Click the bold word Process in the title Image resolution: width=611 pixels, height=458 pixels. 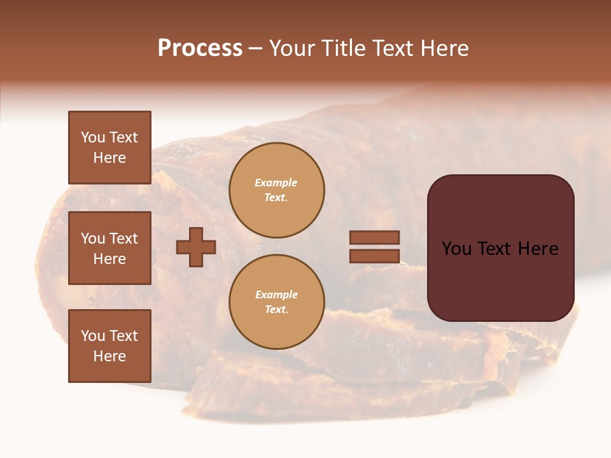(x=200, y=48)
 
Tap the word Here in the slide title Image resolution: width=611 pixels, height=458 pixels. (x=444, y=48)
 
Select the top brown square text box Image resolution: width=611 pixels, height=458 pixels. (x=109, y=148)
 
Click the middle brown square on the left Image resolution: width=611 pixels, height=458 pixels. (x=109, y=248)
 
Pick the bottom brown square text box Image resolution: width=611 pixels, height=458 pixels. (x=109, y=345)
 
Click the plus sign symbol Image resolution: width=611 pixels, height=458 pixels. (x=196, y=247)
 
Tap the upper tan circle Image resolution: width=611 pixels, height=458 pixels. (x=276, y=190)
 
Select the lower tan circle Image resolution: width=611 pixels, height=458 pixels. (x=276, y=302)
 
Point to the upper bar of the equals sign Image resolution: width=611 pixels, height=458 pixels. (x=375, y=237)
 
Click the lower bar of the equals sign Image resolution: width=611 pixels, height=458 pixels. (x=375, y=256)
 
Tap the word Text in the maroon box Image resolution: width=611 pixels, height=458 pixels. (x=500, y=249)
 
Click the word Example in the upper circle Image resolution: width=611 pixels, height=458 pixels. (x=276, y=183)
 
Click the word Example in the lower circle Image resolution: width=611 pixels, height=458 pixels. (x=276, y=295)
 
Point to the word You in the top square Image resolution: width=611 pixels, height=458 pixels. (x=93, y=137)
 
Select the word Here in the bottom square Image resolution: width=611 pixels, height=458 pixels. (x=109, y=356)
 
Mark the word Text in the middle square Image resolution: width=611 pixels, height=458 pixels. (x=123, y=239)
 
